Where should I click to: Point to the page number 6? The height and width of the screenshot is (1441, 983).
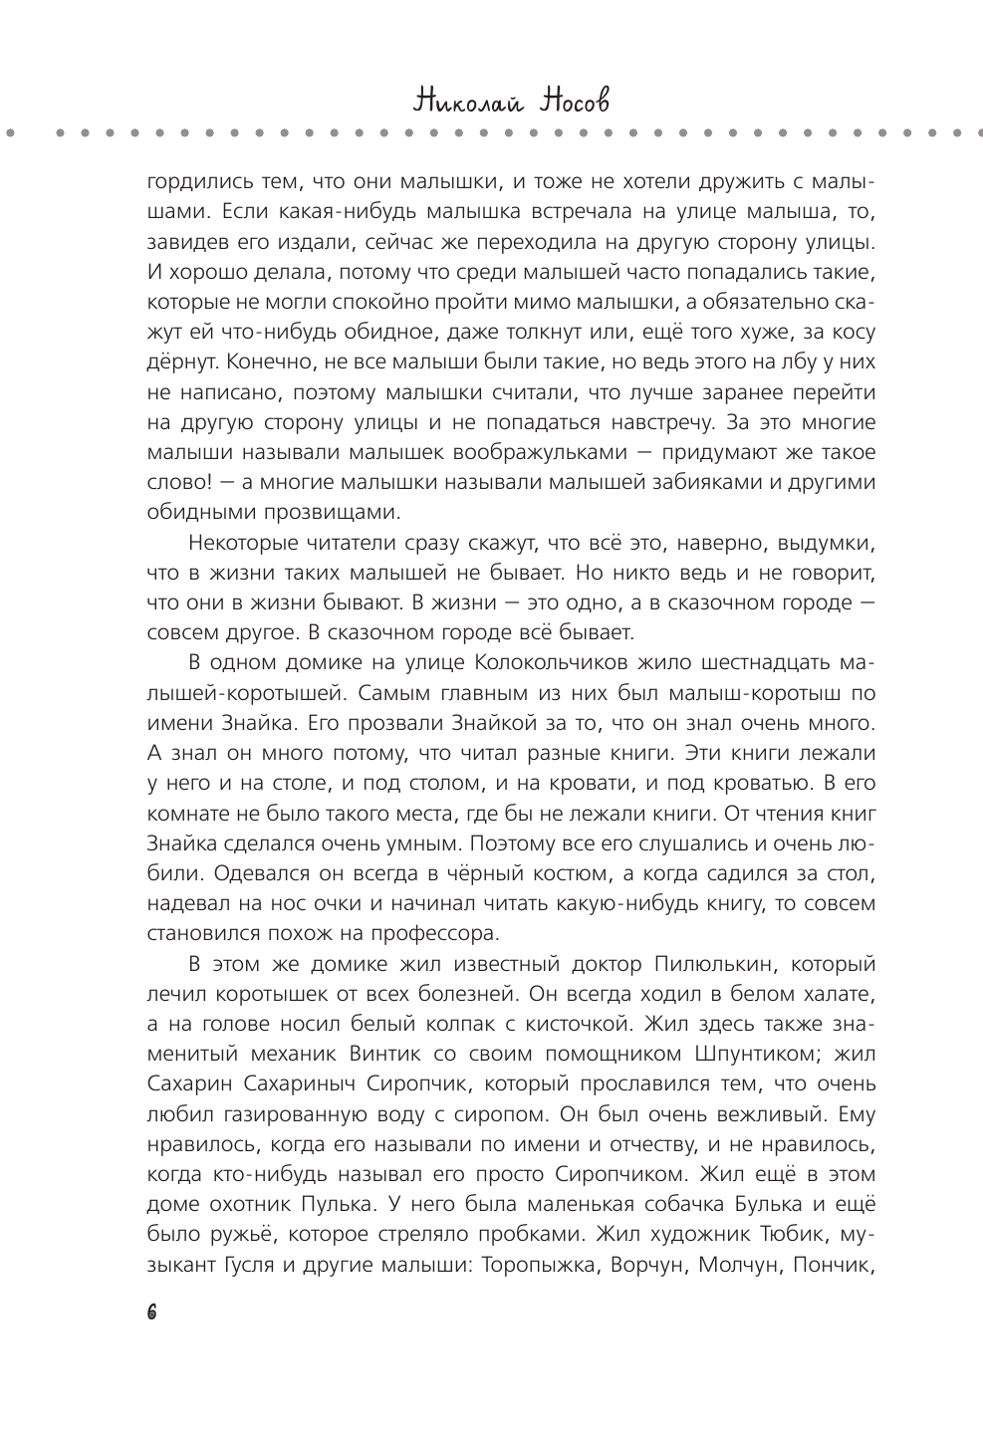[151, 1313]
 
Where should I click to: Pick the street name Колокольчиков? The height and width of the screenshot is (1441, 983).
[562, 663]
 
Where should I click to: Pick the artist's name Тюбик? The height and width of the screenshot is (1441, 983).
[792, 1235]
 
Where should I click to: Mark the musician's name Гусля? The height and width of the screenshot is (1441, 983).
[262, 1265]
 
